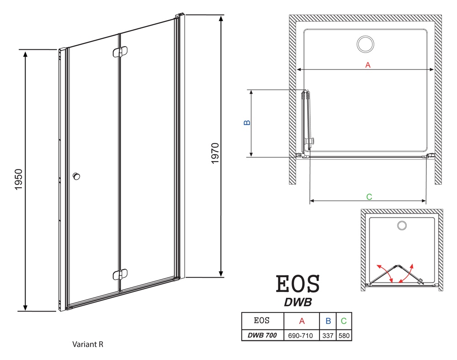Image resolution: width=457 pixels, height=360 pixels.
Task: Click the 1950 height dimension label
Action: (x=18, y=180)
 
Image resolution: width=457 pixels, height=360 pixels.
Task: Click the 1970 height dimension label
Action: (x=215, y=153)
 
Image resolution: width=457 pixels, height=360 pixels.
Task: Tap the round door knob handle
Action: (x=76, y=176)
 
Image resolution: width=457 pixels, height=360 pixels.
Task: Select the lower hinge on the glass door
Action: (x=120, y=275)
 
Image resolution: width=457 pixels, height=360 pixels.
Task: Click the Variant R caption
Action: (x=88, y=344)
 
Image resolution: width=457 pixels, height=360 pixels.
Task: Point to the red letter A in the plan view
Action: (x=368, y=65)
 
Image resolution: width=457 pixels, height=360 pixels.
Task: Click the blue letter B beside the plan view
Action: (x=247, y=122)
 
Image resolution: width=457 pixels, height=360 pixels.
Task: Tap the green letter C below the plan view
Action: (x=369, y=197)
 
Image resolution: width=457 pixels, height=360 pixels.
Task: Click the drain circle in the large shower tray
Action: (x=365, y=44)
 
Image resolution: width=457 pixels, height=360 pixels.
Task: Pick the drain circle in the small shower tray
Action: (x=402, y=225)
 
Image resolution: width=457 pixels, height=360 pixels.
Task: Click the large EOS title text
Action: (x=298, y=284)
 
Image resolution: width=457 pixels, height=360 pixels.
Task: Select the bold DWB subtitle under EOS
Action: (x=298, y=302)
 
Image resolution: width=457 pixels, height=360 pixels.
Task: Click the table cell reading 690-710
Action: (x=301, y=336)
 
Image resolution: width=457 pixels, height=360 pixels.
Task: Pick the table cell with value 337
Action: (x=328, y=336)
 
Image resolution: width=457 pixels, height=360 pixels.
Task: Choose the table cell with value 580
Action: (x=344, y=336)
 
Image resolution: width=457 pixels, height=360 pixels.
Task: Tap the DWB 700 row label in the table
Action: (x=262, y=335)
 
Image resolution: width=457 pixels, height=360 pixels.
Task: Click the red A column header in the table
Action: (x=302, y=321)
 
